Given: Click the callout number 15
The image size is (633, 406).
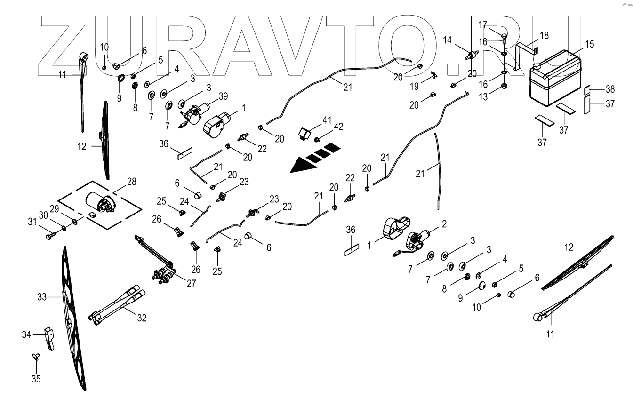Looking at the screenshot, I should click(589, 44).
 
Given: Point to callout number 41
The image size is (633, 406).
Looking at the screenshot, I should click(327, 119).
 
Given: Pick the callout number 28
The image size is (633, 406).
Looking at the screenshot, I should click(131, 182).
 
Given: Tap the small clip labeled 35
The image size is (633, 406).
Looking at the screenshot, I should click(36, 357).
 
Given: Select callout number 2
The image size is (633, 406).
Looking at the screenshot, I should click(444, 224).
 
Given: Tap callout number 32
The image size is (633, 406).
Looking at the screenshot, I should click(142, 318).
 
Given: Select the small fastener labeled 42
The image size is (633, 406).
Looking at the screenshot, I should click(317, 139).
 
